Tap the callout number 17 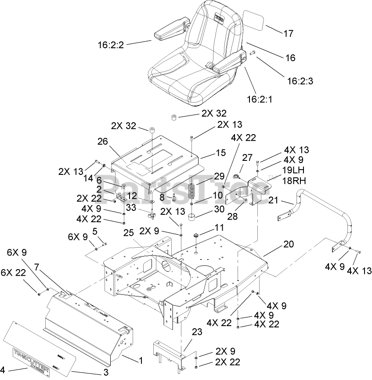288,33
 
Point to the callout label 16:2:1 259,99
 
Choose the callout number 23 197,332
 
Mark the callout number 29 218,176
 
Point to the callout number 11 219,228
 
